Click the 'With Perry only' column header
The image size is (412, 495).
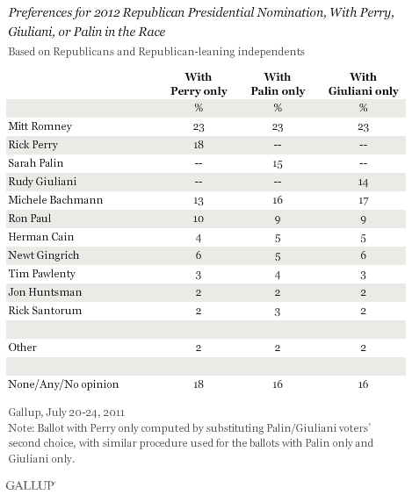(x=199, y=84)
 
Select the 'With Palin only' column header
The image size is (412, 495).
(x=278, y=84)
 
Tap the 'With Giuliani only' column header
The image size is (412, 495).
(x=364, y=84)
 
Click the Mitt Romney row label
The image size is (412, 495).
(x=40, y=126)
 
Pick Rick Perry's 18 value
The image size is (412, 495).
(x=199, y=145)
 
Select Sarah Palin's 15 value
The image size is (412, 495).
(x=278, y=164)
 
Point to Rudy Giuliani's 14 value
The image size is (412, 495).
(x=363, y=183)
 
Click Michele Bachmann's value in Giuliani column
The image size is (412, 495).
(x=363, y=200)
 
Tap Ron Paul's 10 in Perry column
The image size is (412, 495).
(x=199, y=219)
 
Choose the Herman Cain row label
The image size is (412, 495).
(x=41, y=237)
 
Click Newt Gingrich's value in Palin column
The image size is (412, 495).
(x=278, y=256)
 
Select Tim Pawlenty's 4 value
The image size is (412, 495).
(x=278, y=275)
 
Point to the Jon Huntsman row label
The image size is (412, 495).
(x=45, y=292)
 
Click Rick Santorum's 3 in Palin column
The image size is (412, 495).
(x=278, y=312)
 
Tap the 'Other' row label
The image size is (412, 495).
(x=23, y=348)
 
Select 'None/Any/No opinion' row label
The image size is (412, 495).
(x=63, y=384)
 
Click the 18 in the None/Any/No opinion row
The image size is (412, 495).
(x=199, y=384)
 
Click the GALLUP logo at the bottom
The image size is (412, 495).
(x=31, y=485)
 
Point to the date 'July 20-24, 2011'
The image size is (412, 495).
(x=85, y=412)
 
